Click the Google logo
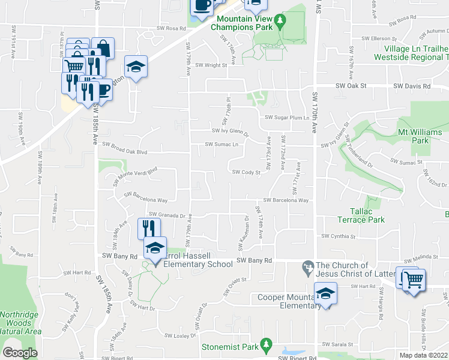(20, 353)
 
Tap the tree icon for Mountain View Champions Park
(279, 22)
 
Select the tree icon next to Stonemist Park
(270, 346)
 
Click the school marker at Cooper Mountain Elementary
(325, 293)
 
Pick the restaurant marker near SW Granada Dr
(149, 229)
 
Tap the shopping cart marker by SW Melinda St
(414, 280)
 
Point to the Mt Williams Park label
(421, 136)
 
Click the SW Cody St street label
(246, 172)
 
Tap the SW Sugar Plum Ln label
(286, 118)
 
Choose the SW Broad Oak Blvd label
(125, 145)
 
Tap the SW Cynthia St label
(339, 236)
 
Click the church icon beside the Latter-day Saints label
(308, 266)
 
